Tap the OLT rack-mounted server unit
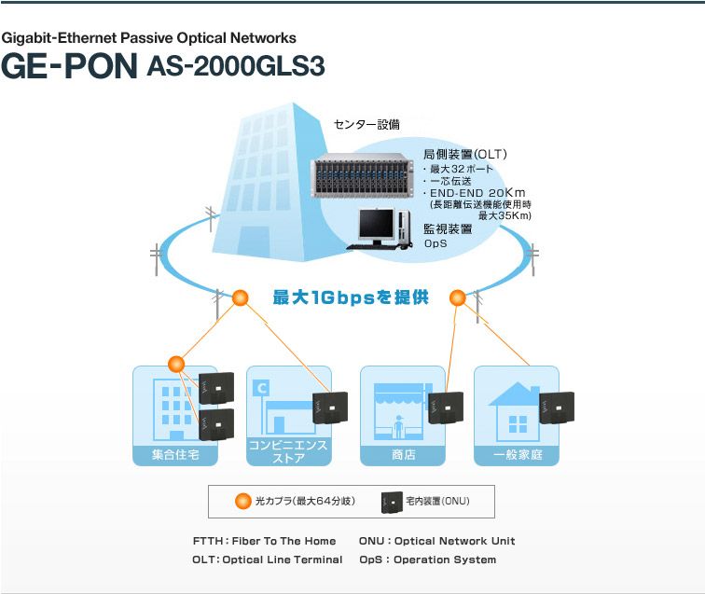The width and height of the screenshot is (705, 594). (363, 176)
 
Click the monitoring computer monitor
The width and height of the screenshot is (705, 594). (378, 224)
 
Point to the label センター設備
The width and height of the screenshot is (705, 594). (366, 124)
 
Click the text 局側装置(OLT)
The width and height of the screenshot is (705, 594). (465, 154)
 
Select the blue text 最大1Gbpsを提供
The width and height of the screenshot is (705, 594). (350, 298)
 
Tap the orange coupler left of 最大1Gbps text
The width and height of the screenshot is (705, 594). (241, 298)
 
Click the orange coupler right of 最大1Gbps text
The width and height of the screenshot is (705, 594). (457, 298)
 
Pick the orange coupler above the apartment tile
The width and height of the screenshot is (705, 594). (175, 363)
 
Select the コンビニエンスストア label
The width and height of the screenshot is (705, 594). (288, 451)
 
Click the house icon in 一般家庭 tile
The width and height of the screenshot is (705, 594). (515, 410)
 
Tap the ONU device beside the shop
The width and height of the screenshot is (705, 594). (447, 408)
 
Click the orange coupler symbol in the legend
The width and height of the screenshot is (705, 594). (244, 502)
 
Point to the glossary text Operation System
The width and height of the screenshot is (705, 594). (445, 559)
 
